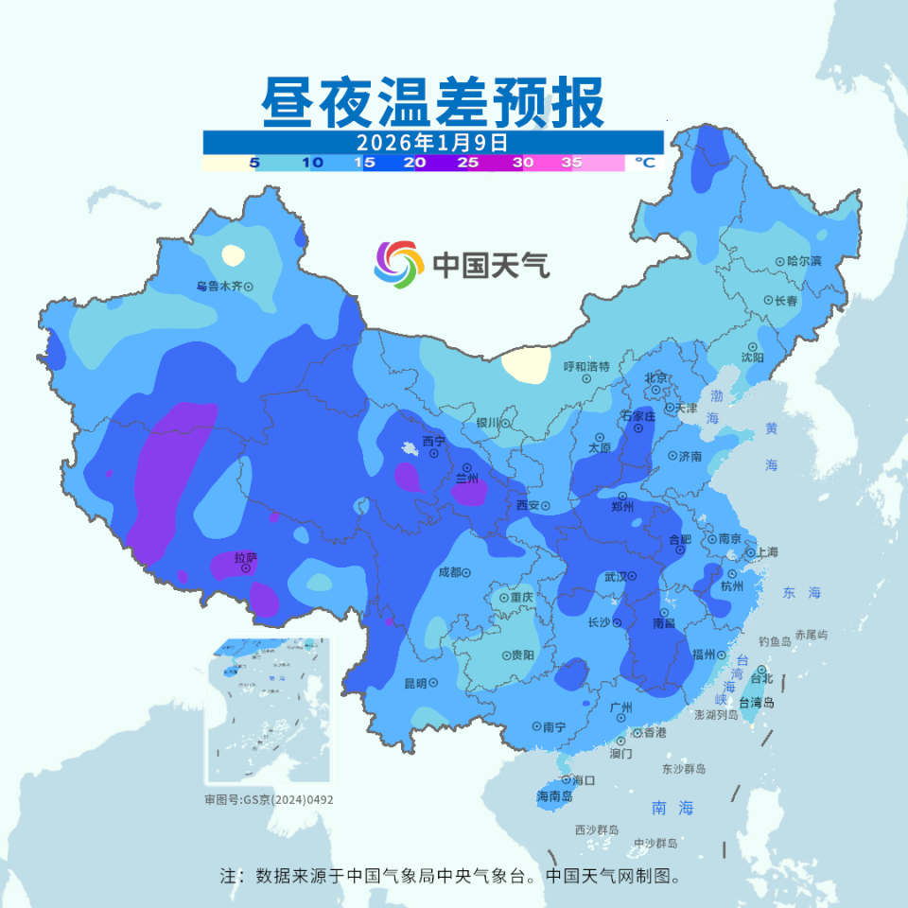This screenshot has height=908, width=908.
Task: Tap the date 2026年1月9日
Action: point(432,142)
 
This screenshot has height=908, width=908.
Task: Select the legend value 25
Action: point(467,163)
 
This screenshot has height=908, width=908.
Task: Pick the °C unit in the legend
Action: point(644,163)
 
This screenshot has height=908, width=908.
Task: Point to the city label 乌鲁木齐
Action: point(219,286)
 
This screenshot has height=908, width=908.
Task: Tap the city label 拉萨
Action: point(245,557)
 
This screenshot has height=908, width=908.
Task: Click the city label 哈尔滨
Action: point(804,260)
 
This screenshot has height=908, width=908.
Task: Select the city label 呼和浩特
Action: point(586,366)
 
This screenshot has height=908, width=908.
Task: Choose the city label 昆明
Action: point(415,683)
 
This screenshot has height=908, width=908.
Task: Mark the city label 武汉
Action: point(616,576)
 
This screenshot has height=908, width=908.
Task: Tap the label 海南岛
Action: point(554,796)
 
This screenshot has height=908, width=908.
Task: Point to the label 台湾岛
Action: point(757,703)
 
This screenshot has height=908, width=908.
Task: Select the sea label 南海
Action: point(672,808)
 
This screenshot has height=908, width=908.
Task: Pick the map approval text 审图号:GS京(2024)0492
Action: point(269,799)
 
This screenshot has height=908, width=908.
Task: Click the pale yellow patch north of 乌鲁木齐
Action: point(232,254)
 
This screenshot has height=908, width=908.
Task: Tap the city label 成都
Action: point(449,572)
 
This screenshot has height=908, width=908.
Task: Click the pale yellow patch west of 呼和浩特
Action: point(525,364)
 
